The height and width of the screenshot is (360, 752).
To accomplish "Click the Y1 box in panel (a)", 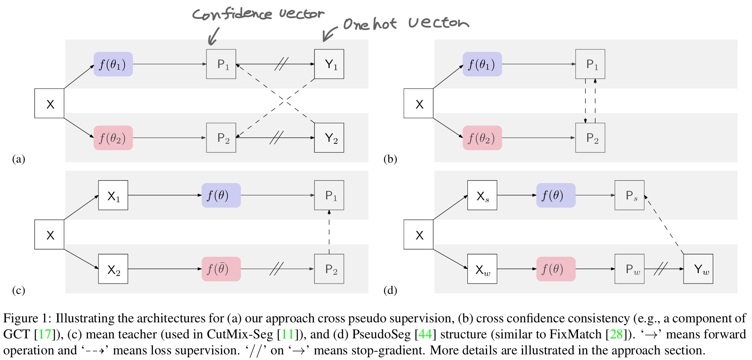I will [x=329, y=64].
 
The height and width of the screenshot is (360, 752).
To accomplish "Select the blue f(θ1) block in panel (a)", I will [x=113, y=64].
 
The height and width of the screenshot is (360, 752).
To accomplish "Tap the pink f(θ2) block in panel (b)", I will [x=482, y=138].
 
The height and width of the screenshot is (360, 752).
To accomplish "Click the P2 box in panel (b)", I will [x=590, y=138].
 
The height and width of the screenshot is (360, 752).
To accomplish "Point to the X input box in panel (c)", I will [x=49, y=235].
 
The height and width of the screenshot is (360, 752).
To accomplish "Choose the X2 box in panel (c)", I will [x=113, y=269].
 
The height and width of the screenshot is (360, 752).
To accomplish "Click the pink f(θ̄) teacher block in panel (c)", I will [x=221, y=269].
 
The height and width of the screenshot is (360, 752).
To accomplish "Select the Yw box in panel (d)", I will [x=698, y=269].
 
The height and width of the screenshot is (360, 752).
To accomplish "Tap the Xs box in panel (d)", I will [x=482, y=195].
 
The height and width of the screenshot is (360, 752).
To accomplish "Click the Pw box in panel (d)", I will [x=629, y=269].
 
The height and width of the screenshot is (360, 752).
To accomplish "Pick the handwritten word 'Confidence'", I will [x=232, y=14].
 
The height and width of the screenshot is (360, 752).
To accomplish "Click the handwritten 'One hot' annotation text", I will [x=370, y=24].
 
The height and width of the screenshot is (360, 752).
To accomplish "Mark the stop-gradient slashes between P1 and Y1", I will [x=281, y=64].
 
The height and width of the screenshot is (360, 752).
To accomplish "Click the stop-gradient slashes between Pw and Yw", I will [x=661, y=269].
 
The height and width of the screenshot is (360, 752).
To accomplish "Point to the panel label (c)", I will [x=18, y=290].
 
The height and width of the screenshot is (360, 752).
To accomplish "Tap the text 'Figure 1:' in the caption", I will [x=27, y=318].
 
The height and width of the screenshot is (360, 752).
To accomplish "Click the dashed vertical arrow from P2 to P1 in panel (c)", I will [x=329, y=232].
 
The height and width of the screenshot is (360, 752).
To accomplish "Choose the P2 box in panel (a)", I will [x=221, y=138].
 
